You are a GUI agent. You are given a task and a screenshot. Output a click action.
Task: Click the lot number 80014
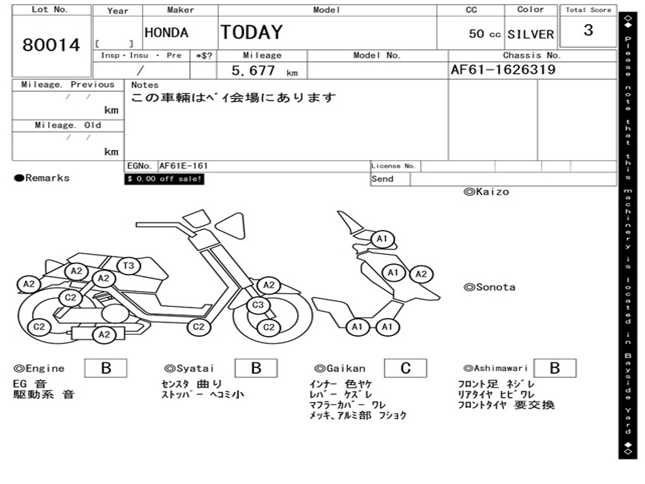tap(52, 45)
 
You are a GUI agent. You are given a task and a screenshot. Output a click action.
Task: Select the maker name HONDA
tap(166, 33)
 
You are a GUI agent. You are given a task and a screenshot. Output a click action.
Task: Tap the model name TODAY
tap(251, 32)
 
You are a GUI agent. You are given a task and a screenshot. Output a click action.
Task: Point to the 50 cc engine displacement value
tap(484, 34)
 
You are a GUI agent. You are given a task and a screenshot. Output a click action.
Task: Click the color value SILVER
tap(530, 35)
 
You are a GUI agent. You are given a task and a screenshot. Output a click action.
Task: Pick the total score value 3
tap(588, 30)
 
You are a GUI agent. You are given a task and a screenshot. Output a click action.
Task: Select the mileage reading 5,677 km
tap(264, 71)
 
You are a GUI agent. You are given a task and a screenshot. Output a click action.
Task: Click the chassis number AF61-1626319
tap(503, 70)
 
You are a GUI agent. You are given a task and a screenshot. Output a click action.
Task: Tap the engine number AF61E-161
tap(183, 166)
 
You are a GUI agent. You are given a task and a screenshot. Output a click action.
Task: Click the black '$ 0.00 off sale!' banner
tap(164, 179)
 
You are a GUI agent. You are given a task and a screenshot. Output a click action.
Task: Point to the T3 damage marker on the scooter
tap(128, 265)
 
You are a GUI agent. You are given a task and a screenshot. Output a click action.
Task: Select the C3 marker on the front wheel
tap(257, 306)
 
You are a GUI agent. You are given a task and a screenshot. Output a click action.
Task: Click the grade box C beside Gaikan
tap(406, 368)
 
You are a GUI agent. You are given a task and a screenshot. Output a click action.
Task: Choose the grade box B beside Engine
tap(106, 368)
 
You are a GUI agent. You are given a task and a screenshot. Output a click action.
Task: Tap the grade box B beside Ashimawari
tap(554, 368)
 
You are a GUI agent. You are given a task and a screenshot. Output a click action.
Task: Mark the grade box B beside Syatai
tap(256, 368)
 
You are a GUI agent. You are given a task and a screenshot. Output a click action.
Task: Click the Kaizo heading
tap(486, 192)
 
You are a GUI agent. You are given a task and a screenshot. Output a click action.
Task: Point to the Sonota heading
tap(489, 287)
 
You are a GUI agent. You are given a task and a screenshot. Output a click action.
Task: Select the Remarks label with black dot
tap(42, 178)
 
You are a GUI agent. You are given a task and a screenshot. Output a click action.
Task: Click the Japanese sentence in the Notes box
tap(234, 98)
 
